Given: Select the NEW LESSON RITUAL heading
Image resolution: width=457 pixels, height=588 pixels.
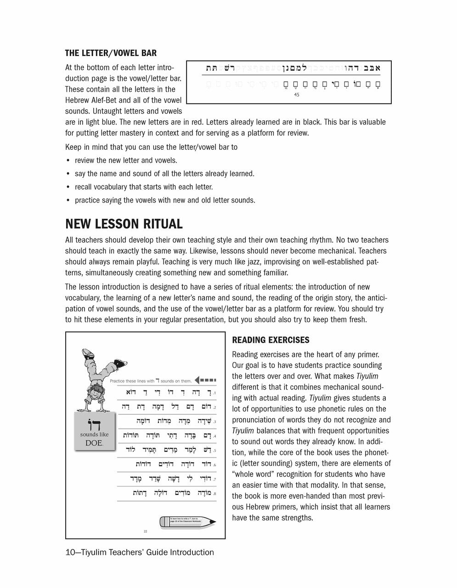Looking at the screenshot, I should (124, 224).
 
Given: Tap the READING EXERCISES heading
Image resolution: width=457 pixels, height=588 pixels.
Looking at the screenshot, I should (271, 340).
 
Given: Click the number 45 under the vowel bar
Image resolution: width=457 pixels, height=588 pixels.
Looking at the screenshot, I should (296, 95).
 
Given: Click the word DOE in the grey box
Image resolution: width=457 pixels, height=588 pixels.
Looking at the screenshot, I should (94, 443).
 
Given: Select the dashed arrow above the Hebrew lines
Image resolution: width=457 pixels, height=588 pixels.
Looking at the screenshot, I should (205, 380).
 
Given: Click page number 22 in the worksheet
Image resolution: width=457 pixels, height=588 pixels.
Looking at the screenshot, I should (145, 531).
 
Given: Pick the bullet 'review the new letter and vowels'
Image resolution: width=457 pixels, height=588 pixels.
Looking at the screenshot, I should (126, 161).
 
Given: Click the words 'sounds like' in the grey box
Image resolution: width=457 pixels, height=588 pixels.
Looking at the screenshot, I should (94, 433).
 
